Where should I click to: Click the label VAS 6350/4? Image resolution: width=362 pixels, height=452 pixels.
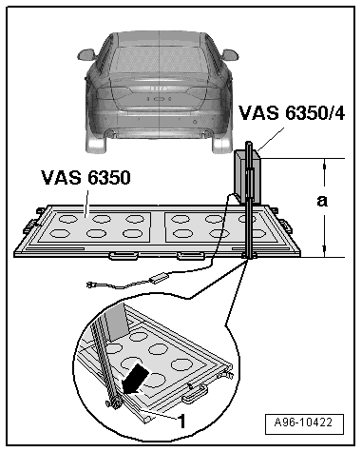292,113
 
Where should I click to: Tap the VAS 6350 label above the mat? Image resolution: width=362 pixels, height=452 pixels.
86,178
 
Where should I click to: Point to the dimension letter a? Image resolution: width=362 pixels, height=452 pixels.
322,201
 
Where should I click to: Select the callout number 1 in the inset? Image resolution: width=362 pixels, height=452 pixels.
181,422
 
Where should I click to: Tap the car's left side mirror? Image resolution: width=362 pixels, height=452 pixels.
87,54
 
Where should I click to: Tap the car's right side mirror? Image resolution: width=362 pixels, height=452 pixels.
229,54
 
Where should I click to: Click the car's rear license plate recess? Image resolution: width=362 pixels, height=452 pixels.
159,99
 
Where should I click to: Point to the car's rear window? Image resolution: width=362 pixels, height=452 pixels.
159,59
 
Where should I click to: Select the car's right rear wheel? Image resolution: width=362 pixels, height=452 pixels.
221,145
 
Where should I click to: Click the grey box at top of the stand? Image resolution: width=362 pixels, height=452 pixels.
247,177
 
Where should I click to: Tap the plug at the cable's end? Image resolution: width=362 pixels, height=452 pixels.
91,285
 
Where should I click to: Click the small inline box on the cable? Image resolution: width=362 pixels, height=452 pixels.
160,278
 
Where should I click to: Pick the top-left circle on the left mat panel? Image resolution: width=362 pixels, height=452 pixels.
69,219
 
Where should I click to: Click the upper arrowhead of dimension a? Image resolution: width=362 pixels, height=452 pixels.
324,164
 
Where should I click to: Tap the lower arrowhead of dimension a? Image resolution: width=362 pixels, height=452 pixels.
324,251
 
